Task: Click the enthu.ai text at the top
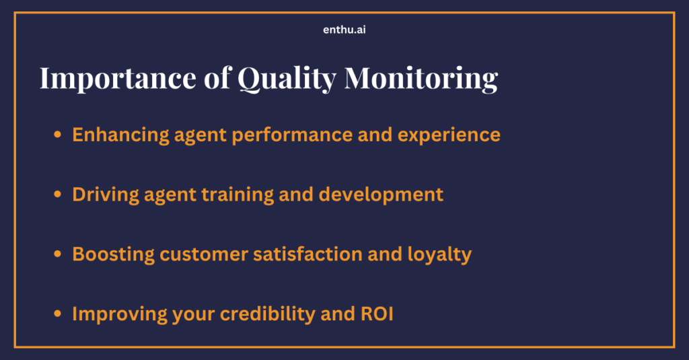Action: [344, 30]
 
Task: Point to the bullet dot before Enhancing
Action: [58, 135]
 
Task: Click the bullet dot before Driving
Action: [58, 195]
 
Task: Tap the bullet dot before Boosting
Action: [58, 255]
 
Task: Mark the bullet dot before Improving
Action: [58, 314]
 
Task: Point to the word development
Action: [381, 195]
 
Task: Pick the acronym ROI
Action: [376, 314]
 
